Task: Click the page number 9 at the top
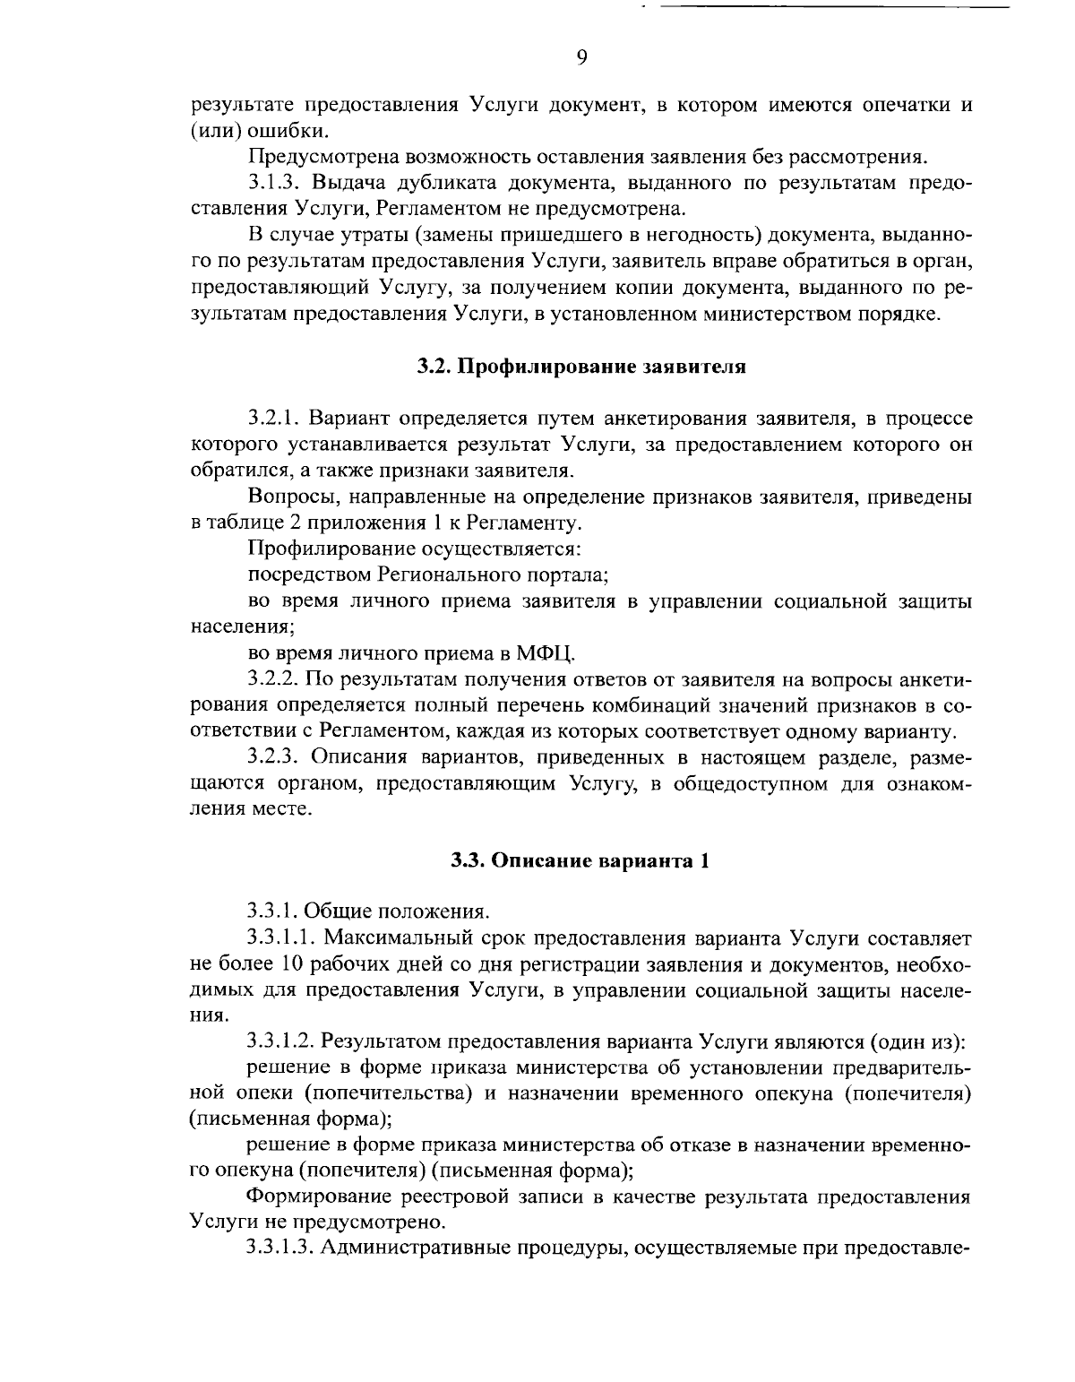[x=581, y=58]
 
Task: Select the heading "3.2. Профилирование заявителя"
[x=581, y=367]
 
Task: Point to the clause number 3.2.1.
[x=273, y=418]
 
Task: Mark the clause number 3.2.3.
[x=274, y=758]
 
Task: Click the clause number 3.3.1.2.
[x=281, y=1041]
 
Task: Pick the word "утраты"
[x=368, y=237]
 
